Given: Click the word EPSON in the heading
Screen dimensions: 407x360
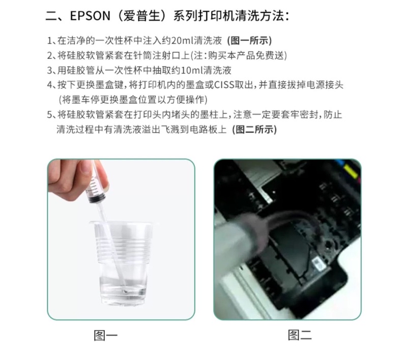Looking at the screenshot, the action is click(x=90, y=16).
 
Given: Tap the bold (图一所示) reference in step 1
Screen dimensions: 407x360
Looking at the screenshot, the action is click(x=249, y=41).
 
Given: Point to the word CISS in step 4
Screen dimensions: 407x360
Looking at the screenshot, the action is click(x=224, y=85).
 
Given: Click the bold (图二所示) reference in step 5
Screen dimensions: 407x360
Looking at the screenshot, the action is click(x=255, y=130).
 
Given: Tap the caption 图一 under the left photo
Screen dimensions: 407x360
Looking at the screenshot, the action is click(x=106, y=336).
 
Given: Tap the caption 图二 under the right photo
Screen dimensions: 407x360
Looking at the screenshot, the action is click(x=300, y=335).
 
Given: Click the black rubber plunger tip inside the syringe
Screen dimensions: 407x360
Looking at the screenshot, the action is click(x=97, y=199).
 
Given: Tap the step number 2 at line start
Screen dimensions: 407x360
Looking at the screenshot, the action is click(x=50, y=56).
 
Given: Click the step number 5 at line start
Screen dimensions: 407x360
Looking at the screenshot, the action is click(x=50, y=115).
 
